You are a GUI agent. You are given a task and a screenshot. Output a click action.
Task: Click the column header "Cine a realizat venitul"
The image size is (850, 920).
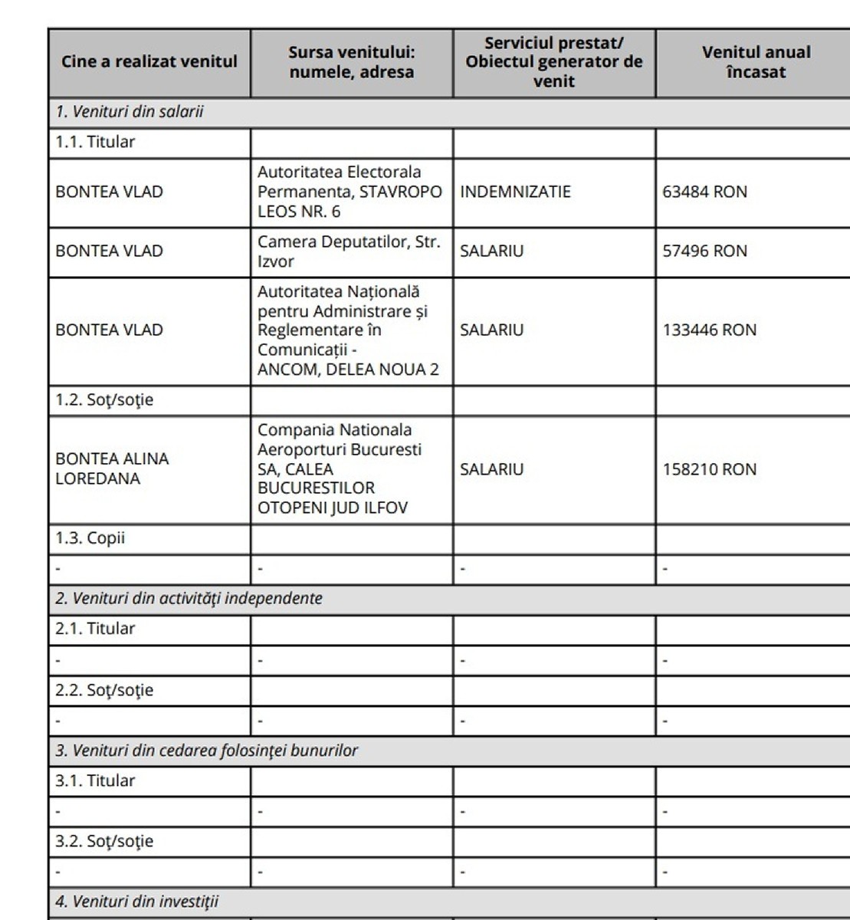point(149,62)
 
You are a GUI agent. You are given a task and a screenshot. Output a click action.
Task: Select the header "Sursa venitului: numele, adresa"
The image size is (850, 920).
point(351,62)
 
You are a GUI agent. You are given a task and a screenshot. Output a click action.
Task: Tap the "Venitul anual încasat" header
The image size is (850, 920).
point(756,62)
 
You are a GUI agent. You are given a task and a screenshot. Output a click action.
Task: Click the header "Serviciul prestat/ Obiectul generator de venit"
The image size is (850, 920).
point(553,62)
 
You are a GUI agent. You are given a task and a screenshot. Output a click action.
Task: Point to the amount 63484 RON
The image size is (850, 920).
point(704,192)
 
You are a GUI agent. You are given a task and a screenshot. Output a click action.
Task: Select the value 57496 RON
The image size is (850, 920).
point(704,251)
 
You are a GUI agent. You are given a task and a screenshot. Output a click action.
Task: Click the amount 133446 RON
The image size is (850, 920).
point(709,330)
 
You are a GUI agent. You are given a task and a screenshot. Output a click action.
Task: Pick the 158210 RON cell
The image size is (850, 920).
point(709,469)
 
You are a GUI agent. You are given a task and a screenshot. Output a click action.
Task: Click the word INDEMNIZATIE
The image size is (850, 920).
point(515,192)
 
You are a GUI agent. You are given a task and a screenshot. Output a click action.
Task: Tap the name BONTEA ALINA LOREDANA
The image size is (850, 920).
point(112,468)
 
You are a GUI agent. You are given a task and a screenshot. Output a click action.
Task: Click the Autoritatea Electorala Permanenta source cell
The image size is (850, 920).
point(350,192)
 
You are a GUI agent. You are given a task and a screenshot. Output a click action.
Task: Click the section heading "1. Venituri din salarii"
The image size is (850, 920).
point(129,112)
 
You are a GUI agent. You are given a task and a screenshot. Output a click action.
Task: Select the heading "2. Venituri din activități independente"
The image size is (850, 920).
point(189,598)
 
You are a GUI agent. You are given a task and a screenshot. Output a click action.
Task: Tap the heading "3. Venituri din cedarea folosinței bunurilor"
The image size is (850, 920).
point(206,750)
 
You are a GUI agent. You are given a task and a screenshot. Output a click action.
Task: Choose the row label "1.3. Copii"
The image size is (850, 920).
point(90,538)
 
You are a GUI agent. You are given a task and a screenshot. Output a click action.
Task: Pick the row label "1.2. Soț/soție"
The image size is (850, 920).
point(104,400)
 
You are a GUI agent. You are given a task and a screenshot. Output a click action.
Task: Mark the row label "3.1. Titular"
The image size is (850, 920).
point(94,780)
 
